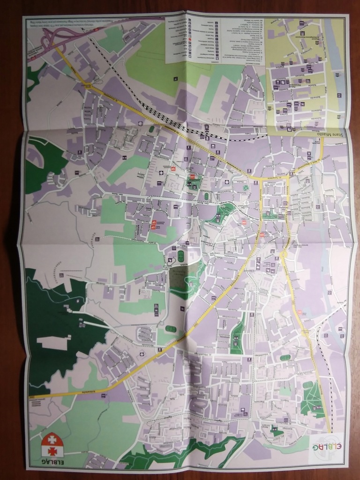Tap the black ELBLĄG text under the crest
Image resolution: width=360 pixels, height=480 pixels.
pyautogui.click(x=52, y=462)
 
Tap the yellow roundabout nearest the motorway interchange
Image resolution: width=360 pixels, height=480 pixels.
pyautogui.click(x=88, y=84)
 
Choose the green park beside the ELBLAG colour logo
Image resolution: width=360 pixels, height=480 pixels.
pyautogui.click(x=312, y=401)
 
